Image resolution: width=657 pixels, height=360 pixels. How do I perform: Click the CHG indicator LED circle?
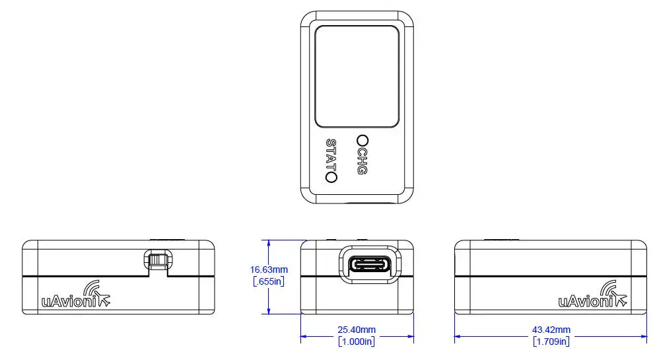click(362, 140)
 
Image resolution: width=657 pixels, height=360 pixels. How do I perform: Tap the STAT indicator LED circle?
click(331, 177)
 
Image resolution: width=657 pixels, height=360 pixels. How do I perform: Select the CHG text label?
click(361, 161)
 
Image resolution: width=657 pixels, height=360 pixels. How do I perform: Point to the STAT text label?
click(331, 155)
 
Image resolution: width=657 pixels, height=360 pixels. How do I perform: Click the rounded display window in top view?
click(357, 76)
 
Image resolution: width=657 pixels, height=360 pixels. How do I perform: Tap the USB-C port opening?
click(370, 266)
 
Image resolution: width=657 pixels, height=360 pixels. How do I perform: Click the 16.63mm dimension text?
click(269, 270)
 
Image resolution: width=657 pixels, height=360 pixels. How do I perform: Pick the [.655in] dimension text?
click(269, 281)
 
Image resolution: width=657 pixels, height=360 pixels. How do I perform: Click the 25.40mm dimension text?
click(357, 330)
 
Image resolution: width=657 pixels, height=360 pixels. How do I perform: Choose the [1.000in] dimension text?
click(357, 342)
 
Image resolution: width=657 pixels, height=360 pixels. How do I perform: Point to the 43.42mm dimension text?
click(551, 330)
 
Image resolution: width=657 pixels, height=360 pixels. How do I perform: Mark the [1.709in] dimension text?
click(551, 342)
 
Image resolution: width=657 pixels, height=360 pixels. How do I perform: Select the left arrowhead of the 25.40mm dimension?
click(304, 336)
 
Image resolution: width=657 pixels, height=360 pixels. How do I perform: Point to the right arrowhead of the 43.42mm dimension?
click(644, 336)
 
